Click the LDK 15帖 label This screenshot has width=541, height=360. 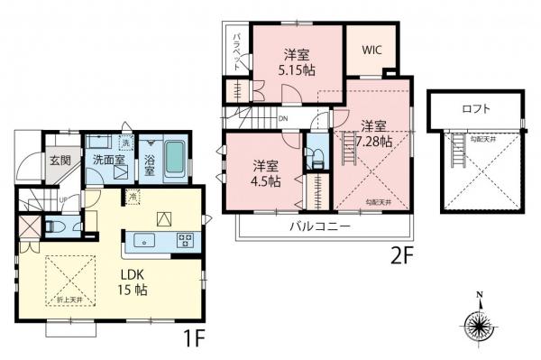pyautogui.click(x=129, y=282)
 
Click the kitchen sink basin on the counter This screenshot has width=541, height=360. pyautogui.click(x=144, y=240)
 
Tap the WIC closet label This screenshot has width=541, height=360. pyautogui.click(x=371, y=51)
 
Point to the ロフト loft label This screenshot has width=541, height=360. pyautogui.click(x=475, y=109)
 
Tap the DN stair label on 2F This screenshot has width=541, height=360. pyautogui.click(x=282, y=118)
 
